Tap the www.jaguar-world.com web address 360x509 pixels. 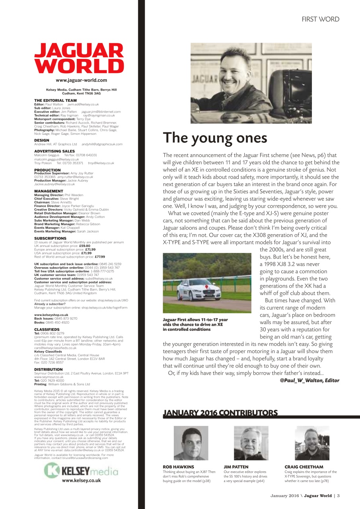click(78, 81)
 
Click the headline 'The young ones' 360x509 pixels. click(215, 138)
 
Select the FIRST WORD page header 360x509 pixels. click(320, 19)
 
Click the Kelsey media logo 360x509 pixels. click(81, 472)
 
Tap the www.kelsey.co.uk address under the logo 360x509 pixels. click(81, 480)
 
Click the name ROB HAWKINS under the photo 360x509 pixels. click(179, 467)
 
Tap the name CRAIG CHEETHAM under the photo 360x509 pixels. click(304, 467)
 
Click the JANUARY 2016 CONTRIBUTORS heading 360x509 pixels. click(220, 413)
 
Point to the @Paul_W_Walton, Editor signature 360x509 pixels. click(309, 380)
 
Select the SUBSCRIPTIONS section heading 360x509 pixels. click(48, 239)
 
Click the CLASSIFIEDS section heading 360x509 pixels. click(47, 330)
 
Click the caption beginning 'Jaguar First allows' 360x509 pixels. click(195, 324)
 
